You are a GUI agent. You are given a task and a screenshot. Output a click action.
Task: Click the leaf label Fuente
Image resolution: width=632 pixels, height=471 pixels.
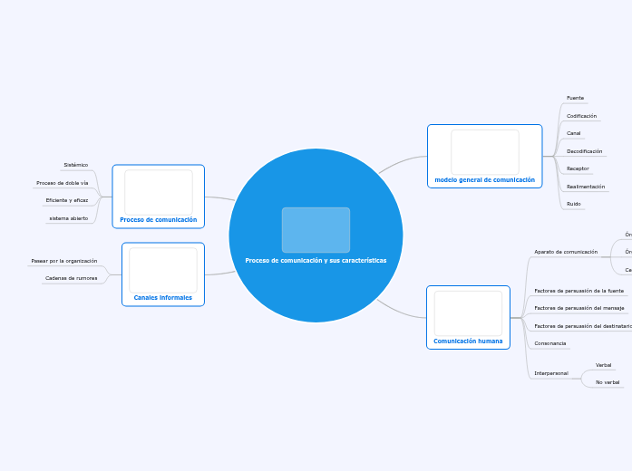click(575, 98)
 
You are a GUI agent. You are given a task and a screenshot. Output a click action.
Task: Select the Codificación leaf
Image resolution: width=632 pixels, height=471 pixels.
click(581, 116)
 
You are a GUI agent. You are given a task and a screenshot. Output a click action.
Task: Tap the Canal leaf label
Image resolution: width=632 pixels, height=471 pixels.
click(573, 133)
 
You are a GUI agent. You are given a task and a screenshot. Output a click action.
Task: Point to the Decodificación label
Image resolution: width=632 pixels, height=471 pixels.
click(584, 151)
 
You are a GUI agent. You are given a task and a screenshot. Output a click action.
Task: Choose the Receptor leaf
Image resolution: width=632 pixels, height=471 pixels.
click(578, 168)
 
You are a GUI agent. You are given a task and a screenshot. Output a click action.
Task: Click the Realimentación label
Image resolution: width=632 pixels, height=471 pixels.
click(586, 187)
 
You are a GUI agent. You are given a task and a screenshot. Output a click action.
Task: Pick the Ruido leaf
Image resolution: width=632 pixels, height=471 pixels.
click(573, 204)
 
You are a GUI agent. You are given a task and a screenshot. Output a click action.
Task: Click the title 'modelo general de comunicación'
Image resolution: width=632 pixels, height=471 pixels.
click(484, 180)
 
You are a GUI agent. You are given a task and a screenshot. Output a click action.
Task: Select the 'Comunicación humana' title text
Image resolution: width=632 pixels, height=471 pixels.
click(468, 341)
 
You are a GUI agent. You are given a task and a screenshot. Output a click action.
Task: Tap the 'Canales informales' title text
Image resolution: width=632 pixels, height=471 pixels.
click(163, 297)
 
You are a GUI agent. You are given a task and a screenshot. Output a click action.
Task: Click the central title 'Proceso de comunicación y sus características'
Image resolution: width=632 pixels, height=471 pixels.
click(316, 260)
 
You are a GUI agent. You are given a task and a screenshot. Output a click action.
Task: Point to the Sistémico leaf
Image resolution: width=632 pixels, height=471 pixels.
click(76, 165)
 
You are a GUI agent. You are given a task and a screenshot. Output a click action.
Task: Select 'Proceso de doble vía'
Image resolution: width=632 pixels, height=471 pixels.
click(63, 183)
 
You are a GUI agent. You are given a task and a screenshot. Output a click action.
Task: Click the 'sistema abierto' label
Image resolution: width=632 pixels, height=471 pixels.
click(69, 218)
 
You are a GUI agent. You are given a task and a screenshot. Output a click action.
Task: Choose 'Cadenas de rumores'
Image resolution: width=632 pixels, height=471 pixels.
click(71, 278)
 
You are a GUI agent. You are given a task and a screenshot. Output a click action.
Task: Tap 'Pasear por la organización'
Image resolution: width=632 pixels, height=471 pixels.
click(64, 261)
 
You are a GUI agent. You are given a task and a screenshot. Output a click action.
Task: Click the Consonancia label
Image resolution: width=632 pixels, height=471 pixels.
click(550, 343)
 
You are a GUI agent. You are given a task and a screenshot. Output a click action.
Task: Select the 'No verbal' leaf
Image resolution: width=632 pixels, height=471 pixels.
click(608, 382)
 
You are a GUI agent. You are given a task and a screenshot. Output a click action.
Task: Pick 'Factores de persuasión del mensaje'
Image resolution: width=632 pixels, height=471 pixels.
click(578, 308)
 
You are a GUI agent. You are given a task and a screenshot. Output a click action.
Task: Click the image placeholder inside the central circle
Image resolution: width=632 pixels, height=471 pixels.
click(316, 230)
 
